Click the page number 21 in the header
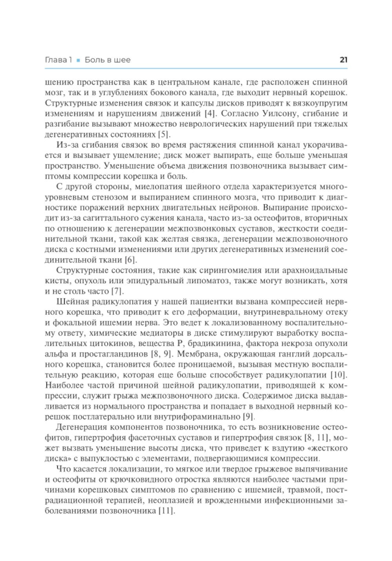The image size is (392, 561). tap(343, 60)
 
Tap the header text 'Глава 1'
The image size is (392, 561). tap(58, 60)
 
